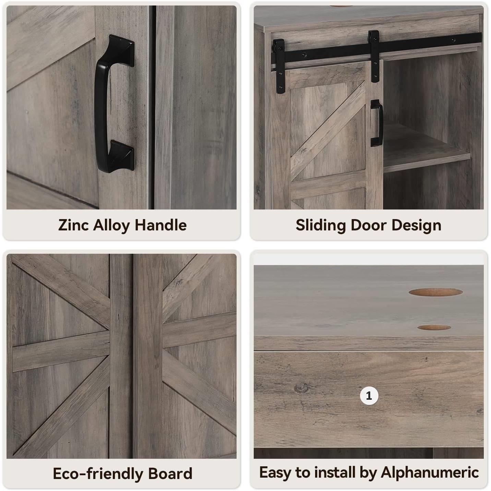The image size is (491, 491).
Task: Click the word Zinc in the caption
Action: [x=74, y=225]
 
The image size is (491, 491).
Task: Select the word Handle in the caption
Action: [x=160, y=225]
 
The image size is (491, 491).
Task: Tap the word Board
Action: [x=170, y=474]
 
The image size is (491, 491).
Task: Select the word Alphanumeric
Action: [x=430, y=472]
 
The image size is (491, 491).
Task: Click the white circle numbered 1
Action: [x=369, y=396]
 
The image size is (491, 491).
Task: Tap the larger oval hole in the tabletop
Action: [x=435, y=292]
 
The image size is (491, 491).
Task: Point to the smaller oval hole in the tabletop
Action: [x=434, y=327]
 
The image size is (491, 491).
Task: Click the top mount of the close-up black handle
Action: [x=121, y=50]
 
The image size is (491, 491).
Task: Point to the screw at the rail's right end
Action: [x=453, y=40]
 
